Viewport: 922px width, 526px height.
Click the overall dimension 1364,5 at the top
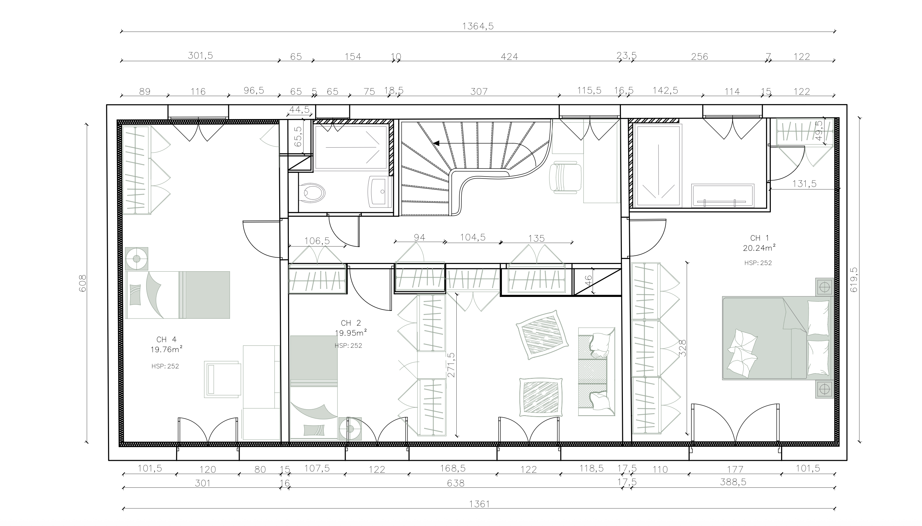coord(478,26)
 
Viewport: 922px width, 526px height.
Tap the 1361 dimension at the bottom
coord(479,504)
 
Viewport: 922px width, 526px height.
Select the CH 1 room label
coord(759,238)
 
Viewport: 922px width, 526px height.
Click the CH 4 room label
coord(167,339)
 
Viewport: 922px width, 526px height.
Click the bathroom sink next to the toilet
coord(380,192)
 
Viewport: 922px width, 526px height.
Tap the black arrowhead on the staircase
coord(436,143)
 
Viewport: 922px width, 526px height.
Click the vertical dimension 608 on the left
coord(83,283)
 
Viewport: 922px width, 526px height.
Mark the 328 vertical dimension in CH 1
coord(682,348)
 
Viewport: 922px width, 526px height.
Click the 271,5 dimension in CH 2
coord(451,365)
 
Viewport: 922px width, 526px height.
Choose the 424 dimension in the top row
coord(509,57)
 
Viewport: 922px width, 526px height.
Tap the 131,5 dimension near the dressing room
coord(804,184)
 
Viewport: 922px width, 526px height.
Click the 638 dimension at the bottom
coord(455,483)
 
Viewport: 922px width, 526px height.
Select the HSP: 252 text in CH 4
coord(165,366)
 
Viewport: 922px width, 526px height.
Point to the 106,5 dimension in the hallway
coord(317,241)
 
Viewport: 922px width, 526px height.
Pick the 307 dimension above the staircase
coord(479,92)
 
